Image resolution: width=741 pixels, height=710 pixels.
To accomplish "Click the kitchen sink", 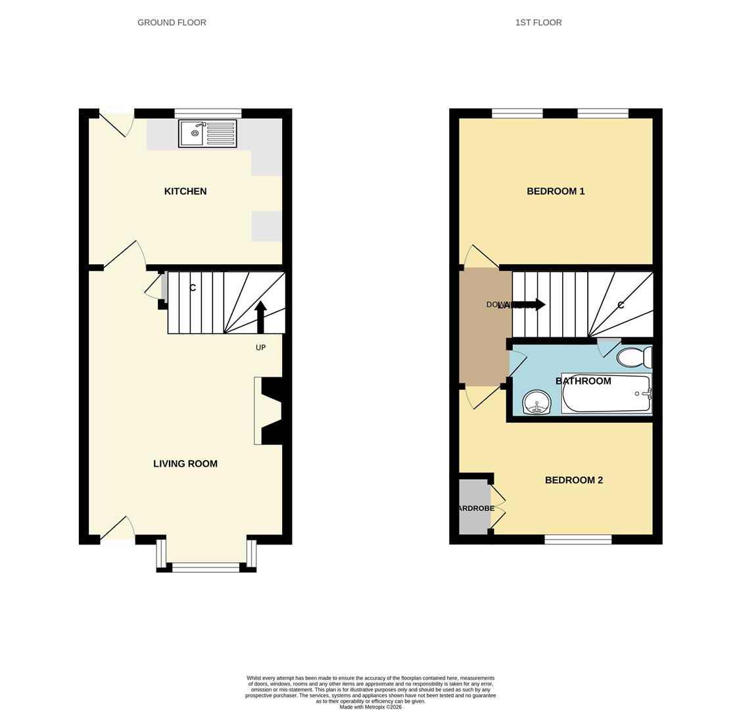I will pos(207,133).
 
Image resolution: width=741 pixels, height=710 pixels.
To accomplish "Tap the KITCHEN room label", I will pos(185,191).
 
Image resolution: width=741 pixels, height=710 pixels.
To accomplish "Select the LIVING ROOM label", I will pos(185,463).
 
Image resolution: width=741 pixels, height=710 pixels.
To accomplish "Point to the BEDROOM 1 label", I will pos(556,191).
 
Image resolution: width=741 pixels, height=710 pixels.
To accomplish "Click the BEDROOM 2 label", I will pos(573,481).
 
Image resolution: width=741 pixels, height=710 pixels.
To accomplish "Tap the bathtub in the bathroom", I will pos(606,394).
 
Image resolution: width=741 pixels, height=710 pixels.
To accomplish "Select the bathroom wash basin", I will pos(537,402).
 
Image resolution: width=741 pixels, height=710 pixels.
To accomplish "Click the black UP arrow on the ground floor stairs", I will pos(260,316).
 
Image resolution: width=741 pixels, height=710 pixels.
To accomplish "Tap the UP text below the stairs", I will pos(260,348).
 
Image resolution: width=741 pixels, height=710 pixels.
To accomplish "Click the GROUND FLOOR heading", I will pos(172,22).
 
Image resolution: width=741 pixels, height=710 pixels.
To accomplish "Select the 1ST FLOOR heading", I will pos(538,22).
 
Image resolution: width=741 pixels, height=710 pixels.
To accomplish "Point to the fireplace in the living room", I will pos(269,411).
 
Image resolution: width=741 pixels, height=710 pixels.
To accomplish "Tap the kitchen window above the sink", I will pos(208,113).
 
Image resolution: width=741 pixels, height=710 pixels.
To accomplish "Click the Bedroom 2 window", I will pos(578,540).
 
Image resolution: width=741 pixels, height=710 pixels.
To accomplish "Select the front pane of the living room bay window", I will pos(206,567).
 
